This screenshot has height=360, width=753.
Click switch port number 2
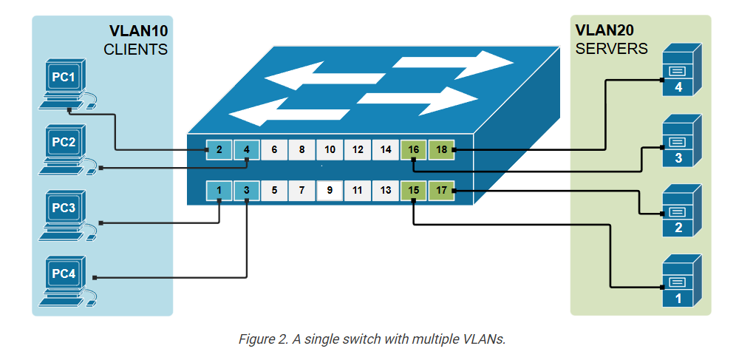(219, 149)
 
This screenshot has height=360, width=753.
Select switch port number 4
(247, 149)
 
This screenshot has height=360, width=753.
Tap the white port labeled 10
(330, 149)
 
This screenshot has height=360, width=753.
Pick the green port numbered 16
(414, 149)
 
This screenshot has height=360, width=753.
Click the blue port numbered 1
(219, 190)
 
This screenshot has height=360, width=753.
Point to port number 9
(330, 190)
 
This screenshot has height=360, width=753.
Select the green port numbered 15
(414, 190)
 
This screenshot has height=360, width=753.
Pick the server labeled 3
(678, 140)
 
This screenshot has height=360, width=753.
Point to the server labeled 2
(678, 210)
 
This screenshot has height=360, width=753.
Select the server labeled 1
(678, 281)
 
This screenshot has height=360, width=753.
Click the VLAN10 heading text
(138, 32)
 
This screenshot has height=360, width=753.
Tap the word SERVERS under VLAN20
(611, 49)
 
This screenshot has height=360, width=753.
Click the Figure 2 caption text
(371, 339)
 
